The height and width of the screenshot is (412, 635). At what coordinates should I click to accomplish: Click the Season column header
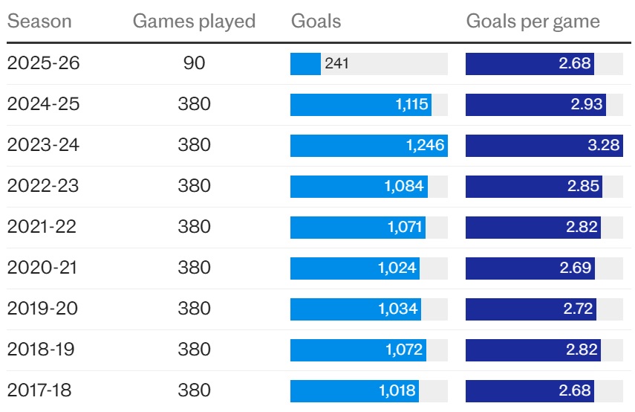pyautogui.click(x=39, y=21)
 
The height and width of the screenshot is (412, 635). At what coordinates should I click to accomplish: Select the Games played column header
pyautogui.click(x=194, y=21)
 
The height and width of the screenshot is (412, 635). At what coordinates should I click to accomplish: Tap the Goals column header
pyautogui.click(x=316, y=21)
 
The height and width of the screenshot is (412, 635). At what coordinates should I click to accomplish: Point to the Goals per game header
pyautogui.click(x=533, y=21)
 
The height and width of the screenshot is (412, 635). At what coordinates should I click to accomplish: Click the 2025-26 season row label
pyautogui.click(x=43, y=63)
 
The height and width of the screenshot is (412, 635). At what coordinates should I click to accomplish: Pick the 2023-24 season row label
pyautogui.click(x=43, y=145)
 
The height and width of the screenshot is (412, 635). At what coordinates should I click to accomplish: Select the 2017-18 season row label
pyautogui.click(x=43, y=390)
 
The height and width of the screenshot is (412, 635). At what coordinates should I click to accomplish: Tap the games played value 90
pyautogui.click(x=194, y=63)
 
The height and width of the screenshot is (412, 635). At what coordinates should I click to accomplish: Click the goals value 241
pyautogui.click(x=336, y=64)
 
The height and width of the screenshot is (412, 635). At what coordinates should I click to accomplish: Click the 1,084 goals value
pyautogui.click(x=404, y=186)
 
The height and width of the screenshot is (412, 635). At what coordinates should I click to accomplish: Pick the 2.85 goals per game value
pyautogui.click(x=583, y=186)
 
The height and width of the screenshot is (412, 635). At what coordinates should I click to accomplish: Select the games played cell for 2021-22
pyautogui.click(x=194, y=227)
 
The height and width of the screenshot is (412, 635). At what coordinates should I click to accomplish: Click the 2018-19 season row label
pyautogui.click(x=43, y=349)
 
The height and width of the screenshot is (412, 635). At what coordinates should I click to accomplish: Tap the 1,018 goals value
pyautogui.click(x=400, y=390)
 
